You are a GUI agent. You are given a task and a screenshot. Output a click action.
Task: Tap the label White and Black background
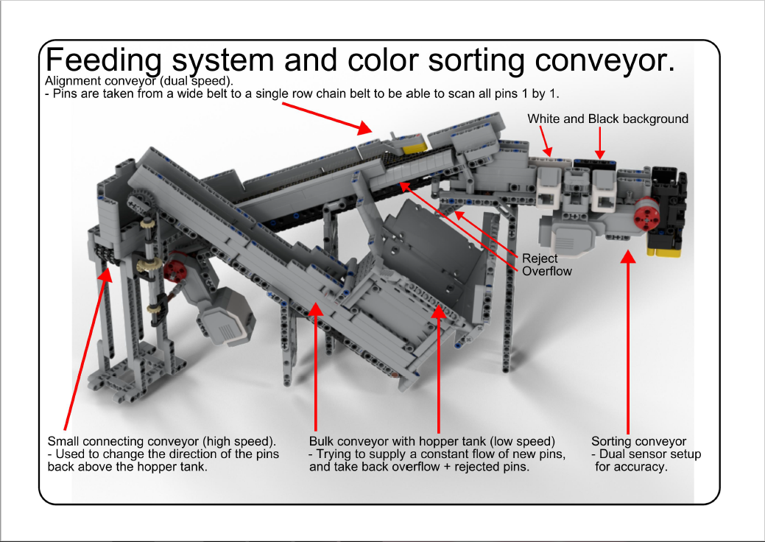point(607,119)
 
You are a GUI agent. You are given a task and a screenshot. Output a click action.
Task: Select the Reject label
point(540,258)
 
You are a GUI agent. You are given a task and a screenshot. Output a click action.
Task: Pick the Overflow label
point(547,271)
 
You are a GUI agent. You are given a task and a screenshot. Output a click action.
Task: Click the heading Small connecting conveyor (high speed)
point(161,441)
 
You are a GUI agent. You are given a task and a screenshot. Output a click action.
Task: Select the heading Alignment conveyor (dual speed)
point(139,80)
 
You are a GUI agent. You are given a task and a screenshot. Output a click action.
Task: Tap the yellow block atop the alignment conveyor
point(413,146)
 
